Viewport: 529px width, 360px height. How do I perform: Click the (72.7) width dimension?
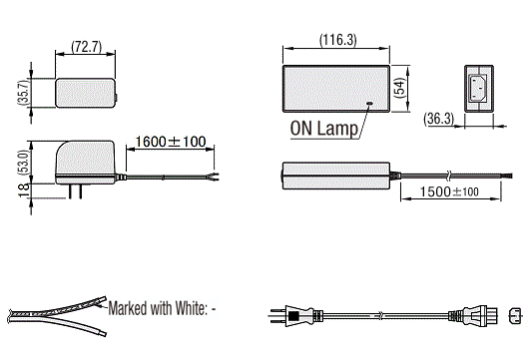tap(87, 47)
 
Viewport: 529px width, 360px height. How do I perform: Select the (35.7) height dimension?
tap(24, 93)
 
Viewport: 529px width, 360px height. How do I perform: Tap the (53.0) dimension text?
tap(24, 162)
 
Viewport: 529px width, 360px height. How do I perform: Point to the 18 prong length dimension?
tap(24, 190)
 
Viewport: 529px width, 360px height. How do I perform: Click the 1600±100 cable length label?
tap(171, 142)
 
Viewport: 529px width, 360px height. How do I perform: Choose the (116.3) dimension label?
tap(338, 40)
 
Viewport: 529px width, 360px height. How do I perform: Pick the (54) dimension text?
tap(399, 88)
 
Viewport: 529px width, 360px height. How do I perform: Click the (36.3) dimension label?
tap(438, 119)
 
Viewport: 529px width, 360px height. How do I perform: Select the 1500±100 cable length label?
tap(449, 191)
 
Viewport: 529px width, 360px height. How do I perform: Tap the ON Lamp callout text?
tap(323, 129)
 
